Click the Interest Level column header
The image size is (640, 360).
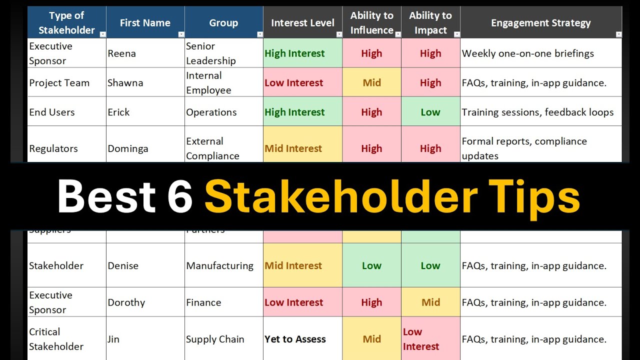(x=302, y=23)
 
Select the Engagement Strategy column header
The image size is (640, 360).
(x=540, y=23)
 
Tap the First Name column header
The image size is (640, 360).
(x=145, y=23)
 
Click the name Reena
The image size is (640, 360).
(x=121, y=53)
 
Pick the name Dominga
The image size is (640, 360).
(x=127, y=148)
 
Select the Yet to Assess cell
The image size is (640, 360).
(x=295, y=339)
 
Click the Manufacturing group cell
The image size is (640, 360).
(x=219, y=265)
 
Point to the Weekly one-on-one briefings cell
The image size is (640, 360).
(x=527, y=53)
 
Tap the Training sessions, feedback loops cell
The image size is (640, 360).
(x=537, y=112)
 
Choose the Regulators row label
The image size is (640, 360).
(x=53, y=148)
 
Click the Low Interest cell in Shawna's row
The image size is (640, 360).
(x=294, y=83)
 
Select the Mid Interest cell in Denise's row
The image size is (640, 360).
(x=293, y=265)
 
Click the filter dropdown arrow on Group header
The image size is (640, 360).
(x=259, y=34)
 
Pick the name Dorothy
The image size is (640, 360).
(x=126, y=302)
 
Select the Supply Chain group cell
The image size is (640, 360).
(x=215, y=339)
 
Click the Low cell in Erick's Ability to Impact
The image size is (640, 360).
(x=430, y=112)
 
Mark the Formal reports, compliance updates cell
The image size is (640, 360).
(x=524, y=148)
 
